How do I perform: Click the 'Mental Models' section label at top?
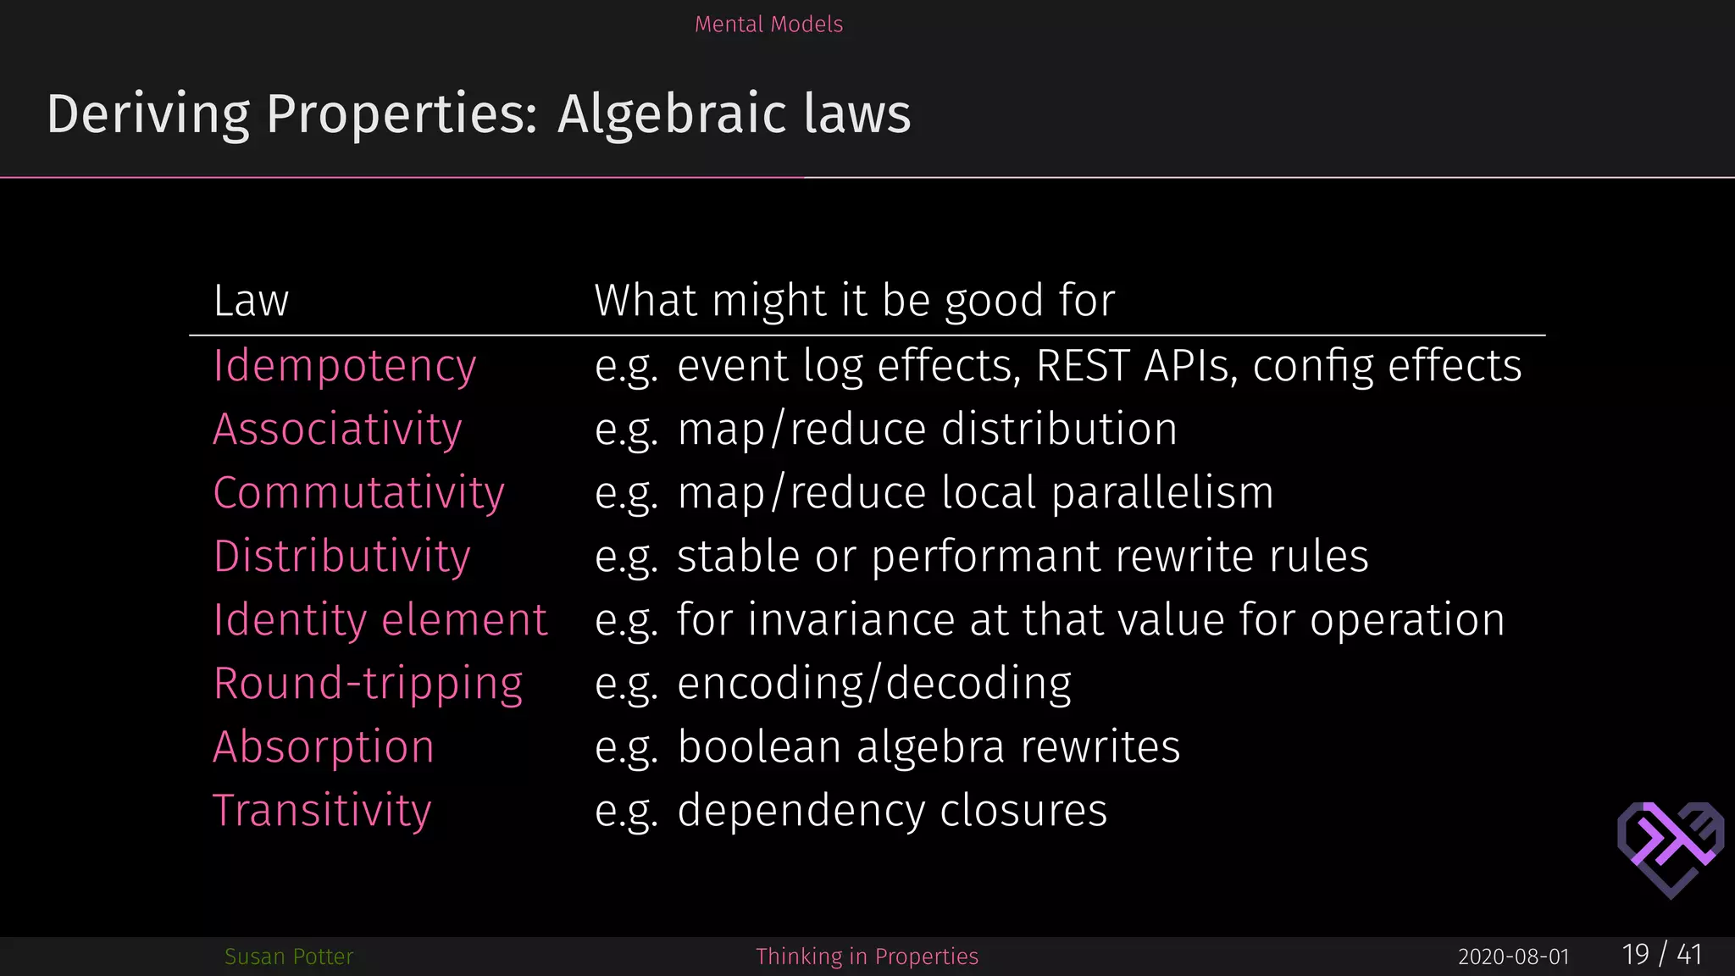point(768,24)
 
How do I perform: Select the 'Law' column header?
point(251,301)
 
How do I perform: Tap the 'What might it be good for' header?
point(854,301)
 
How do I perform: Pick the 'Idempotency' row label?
point(344,366)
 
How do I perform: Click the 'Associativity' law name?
point(337,430)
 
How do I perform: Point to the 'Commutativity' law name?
point(358,493)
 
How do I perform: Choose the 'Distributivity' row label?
point(341,557)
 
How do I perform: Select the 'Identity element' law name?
point(380,620)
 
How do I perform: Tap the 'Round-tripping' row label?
point(368,684)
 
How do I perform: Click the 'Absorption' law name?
point(324,747)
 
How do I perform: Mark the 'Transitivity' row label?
point(322,811)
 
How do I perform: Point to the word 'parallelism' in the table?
point(1162,493)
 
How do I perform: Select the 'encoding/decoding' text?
point(874,684)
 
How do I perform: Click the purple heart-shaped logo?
point(1670,847)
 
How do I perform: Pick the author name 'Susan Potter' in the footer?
point(289,957)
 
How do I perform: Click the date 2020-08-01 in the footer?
point(1513,957)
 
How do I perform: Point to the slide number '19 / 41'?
point(1661,955)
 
